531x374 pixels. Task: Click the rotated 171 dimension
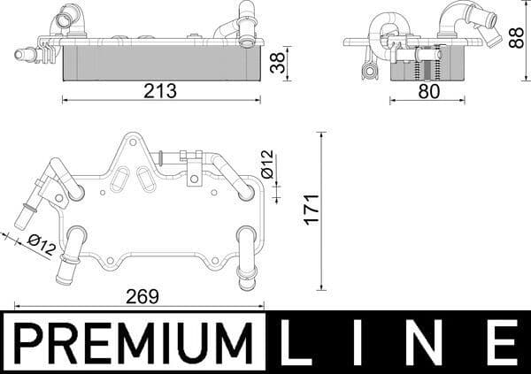310,210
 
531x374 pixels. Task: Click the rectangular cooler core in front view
159,62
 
